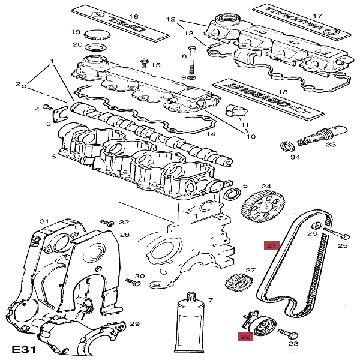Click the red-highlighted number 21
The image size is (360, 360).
click(271, 245)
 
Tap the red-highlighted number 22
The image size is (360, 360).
click(246, 337)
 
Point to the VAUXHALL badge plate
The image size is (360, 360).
click(295, 24)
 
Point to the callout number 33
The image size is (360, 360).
click(331, 144)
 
